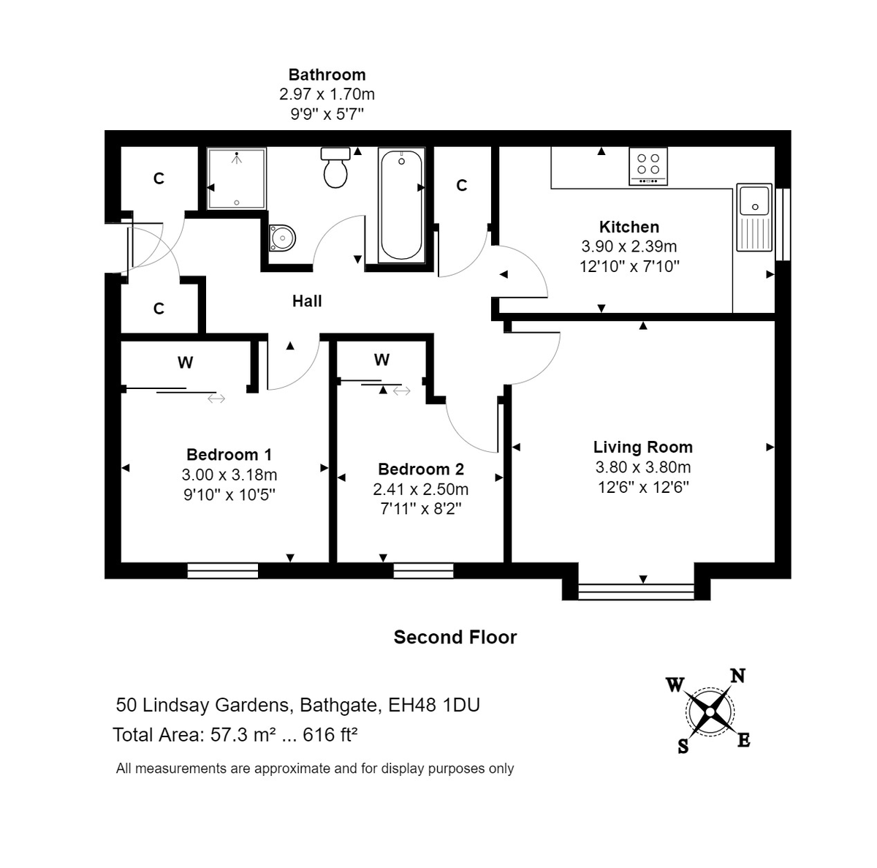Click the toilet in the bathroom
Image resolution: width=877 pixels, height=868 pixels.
coord(335,167)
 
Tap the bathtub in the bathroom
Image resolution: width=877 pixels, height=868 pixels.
coord(401,205)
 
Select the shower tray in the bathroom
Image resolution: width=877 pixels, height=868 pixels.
coord(236,178)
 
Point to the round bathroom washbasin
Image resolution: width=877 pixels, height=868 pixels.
coord(281,237)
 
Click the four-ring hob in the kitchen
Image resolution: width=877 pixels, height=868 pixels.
coord(648,166)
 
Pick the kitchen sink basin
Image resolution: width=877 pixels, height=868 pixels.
coord(753,200)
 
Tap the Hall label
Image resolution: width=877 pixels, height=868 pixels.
coord(307,301)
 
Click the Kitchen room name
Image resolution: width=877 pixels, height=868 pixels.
coord(629,227)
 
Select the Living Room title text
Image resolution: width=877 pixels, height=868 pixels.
coord(642,447)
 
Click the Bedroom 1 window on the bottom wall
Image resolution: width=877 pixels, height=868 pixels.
coord(223,570)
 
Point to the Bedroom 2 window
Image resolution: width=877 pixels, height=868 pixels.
coord(423,570)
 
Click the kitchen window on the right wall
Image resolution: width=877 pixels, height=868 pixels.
coord(782,224)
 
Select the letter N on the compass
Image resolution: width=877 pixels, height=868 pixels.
coord(737,676)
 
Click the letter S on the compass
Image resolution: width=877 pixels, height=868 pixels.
coord(683,747)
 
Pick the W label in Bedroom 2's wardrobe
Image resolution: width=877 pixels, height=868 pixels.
coord(381,360)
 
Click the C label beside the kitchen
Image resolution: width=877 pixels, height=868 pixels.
coord(461,185)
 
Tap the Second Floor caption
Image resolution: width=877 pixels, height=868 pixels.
coord(455,637)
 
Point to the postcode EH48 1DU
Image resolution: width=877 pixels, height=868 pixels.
coord(433,704)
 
